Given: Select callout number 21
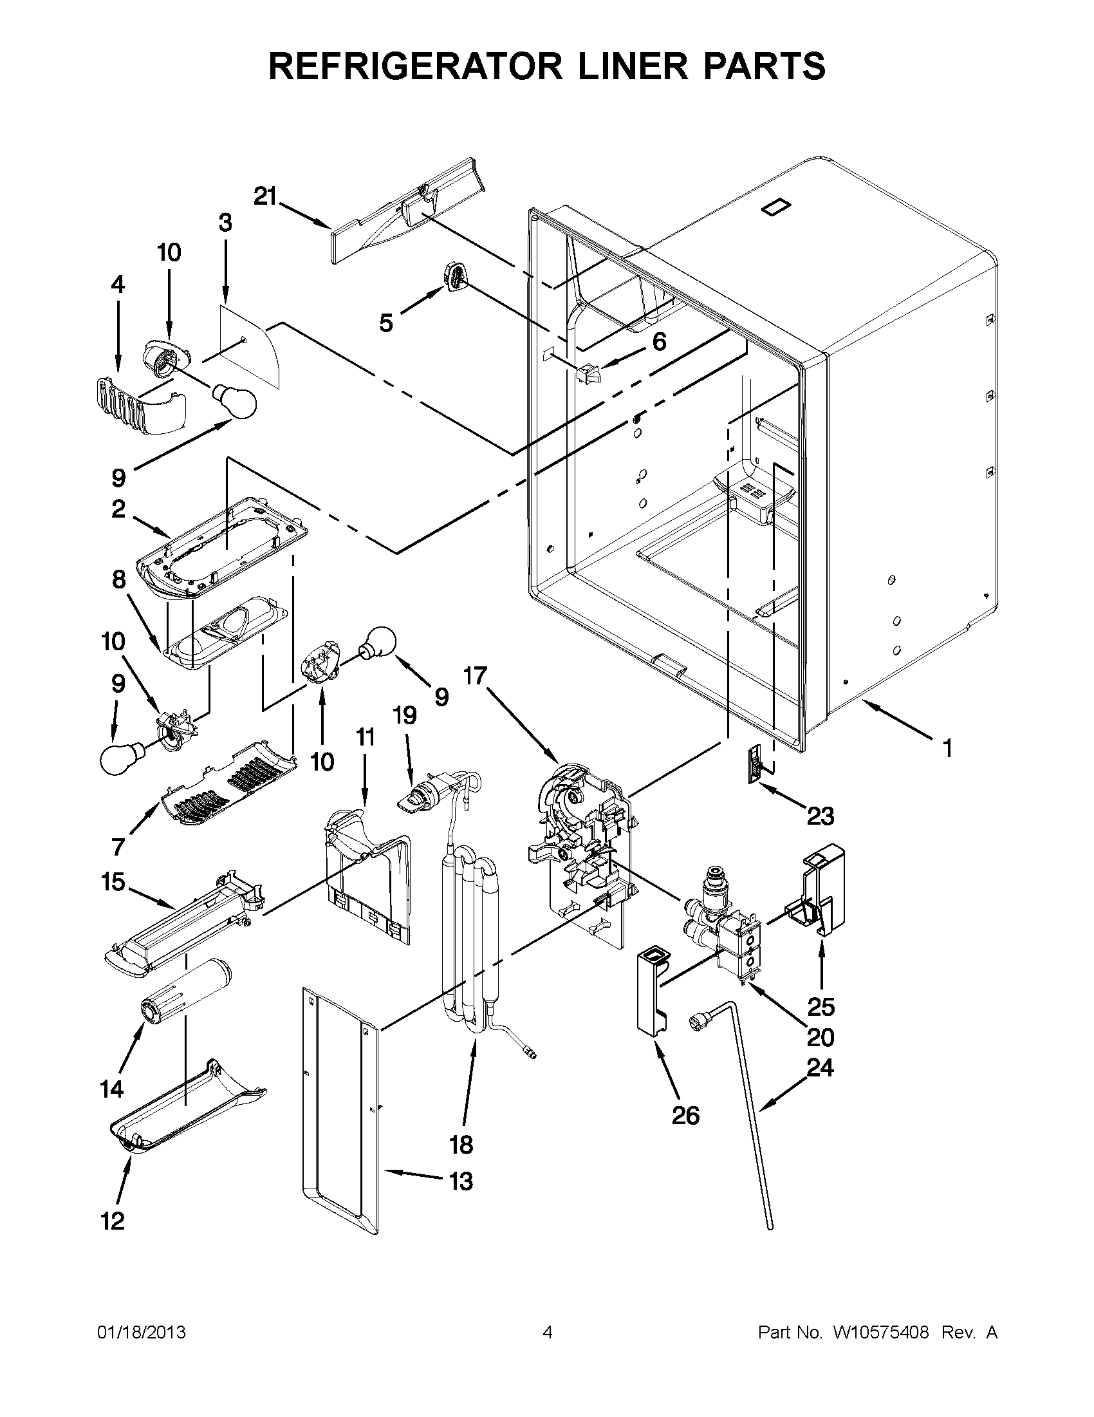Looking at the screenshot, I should (x=264, y=196).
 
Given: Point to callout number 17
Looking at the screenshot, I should (x=475, y=675).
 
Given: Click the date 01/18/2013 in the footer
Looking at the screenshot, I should (x=142, y=1333).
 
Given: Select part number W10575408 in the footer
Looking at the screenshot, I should (x=880, y=1333).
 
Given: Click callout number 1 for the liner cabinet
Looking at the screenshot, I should (x=947, y=749).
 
